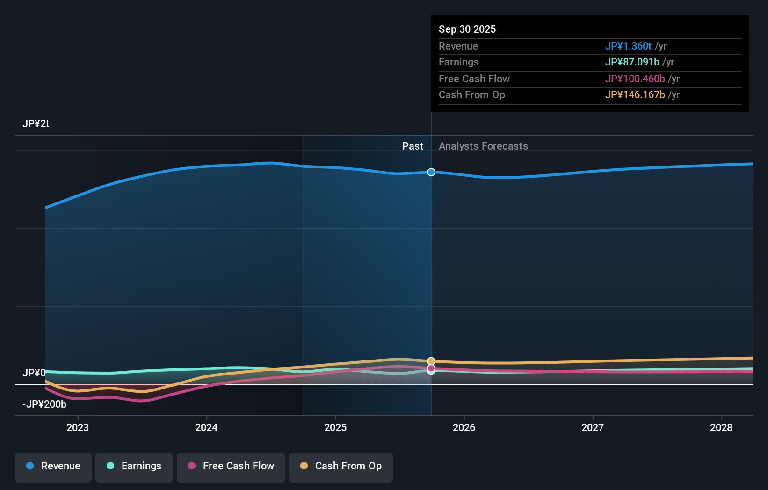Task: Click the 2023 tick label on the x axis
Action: coord(78,427)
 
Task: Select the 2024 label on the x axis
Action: coord(206,427)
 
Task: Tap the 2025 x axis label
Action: coord(335,427)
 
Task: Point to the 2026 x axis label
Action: coord(464,427)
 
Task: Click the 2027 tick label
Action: coord(593,427)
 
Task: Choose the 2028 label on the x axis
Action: coord(721,427)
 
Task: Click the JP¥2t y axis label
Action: coord(36,124)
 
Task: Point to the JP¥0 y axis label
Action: coord(34,373)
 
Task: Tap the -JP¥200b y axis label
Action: coord(44,404)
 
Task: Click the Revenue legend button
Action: coord(53,466)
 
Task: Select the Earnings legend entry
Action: coord(134,466)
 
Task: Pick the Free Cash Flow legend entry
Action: coord(231,466)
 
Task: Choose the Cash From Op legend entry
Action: coord(341,466)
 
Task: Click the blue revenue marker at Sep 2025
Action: coord(431,172)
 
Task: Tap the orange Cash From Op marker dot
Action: coord(431,361)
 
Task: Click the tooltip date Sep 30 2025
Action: coord(467,29)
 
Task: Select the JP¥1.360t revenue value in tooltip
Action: coord(628,46)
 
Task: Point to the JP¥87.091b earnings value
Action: coord(632,62)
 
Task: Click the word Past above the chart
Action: coord(413,146)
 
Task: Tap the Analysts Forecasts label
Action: coord(483,146)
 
